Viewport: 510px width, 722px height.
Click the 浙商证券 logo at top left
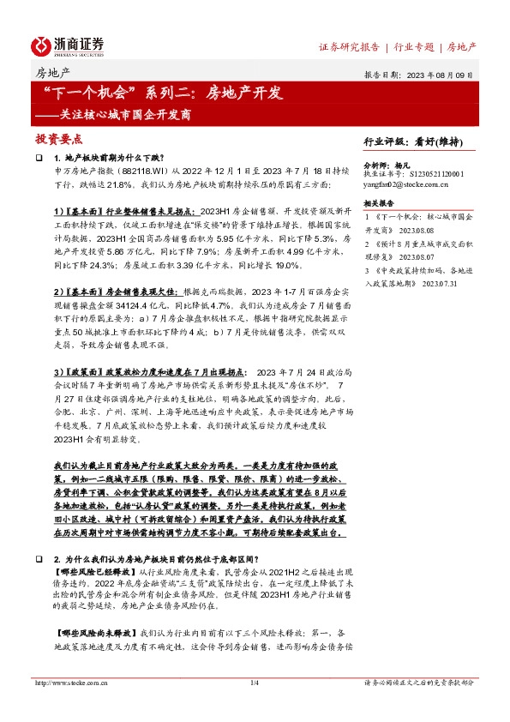[x=68, y=45]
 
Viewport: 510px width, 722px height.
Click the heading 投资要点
[x=59, y=138]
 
